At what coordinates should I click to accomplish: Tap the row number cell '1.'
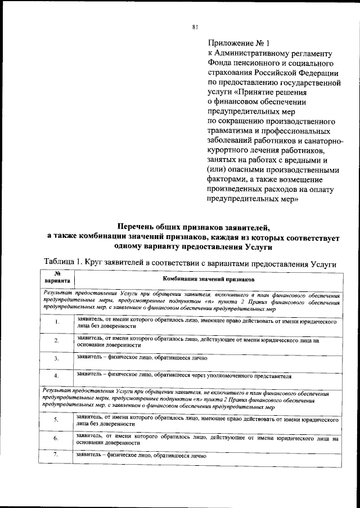pos(57,322)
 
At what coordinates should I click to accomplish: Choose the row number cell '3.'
pos(57,358)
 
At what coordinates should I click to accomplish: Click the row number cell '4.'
pos(57,375)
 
